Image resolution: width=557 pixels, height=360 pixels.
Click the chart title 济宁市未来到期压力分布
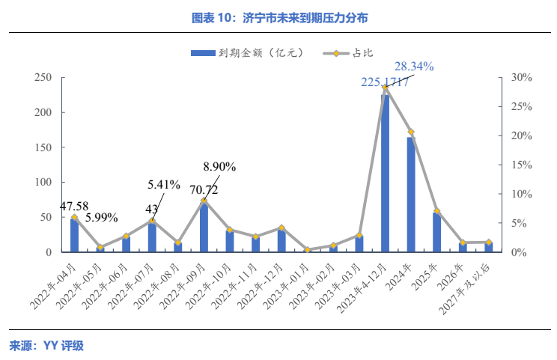click(278, 16)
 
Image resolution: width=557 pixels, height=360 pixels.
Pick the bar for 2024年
click(411, 195)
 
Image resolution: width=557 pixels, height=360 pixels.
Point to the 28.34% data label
click(414, 67)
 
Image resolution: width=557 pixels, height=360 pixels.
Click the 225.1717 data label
click(385, 82)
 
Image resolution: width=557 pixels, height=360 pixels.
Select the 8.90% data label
click(220, 166)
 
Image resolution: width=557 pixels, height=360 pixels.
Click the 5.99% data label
click(100, 218)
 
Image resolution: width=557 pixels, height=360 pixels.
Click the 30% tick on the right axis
click(522, 78)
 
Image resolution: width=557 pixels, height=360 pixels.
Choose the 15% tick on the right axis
click(522, 165)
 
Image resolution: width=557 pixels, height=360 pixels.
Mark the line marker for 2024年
click(410, 132)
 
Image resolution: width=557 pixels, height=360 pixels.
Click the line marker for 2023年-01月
click(307, 249)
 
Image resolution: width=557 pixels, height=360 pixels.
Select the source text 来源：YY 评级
click(46, 346)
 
